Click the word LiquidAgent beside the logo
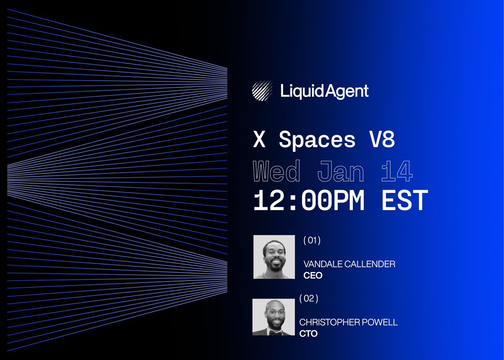(x=325, y=91)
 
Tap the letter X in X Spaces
(x=260, y=140)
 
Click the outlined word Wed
(x=277, y=172)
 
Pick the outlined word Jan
(x=341, y=172)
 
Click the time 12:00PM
(x=309, y=200)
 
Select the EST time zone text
(x=404, y=200)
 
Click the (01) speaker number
(x=312, y=241)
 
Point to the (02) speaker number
(x=309, y=299)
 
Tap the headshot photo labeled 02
(x=273, y=317)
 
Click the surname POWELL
(x=381, y=323)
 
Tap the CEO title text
(x=312, y=276)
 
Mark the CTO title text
(x=308, y=334)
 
